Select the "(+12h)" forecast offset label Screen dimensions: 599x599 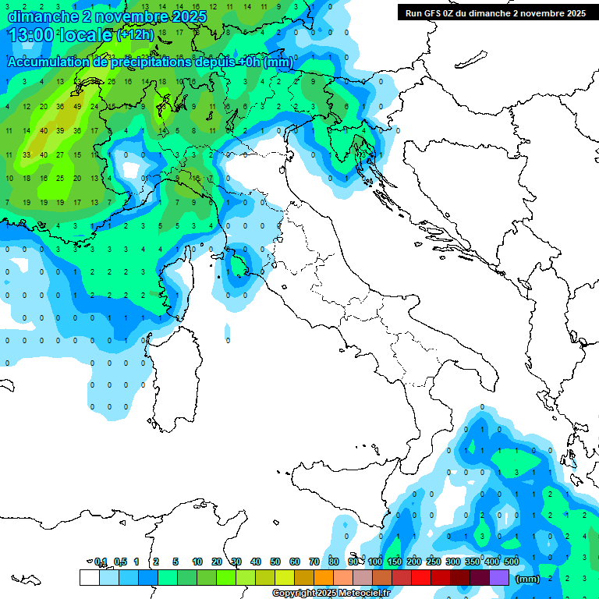tap(134, 35)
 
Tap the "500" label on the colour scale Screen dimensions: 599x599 tap(511, 562)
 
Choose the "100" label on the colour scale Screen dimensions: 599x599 tap(374, 562)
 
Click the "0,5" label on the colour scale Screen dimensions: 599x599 tap(120, 562)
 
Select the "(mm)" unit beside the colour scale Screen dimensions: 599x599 tap(528, 579)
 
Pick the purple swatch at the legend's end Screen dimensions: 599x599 tap(499, 577)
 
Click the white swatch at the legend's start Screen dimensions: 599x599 tap(89, 577)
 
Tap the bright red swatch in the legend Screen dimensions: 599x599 tap(421, 577)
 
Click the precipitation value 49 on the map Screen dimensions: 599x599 tap(77, 106)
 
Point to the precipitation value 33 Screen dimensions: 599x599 tap(26, 154)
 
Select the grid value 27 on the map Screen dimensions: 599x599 tap(60, 154)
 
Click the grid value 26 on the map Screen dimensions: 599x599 tap(112, 82)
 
